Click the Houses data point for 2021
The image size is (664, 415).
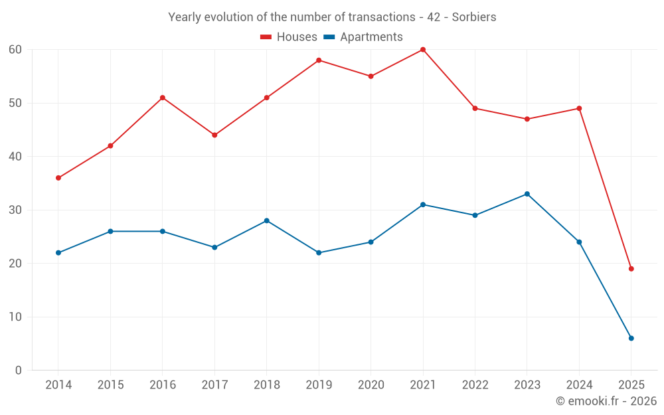coord(423,50)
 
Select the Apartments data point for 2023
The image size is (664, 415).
coord(527,194)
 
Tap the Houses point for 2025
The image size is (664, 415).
coord(631,269)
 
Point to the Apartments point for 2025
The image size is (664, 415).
coord(631,338)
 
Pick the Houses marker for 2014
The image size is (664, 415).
coord(58,178)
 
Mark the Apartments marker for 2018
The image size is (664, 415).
coord(267,220)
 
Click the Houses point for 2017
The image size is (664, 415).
coord(214,135)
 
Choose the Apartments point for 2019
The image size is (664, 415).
coord(319,252)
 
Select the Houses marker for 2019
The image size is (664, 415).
coord(319,60)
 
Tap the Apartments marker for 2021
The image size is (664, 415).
coord(423,205)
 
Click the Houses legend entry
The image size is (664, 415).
coord(288,37)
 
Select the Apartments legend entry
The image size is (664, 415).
coord(363,37)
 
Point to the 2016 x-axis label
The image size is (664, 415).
coord(163,384)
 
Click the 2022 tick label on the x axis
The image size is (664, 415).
coord(475,384)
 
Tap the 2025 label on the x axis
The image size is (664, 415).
coord(631,384)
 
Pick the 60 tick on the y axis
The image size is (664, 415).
coord(16,50)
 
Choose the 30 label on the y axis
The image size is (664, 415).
coord(16,210)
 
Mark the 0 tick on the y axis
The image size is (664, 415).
coord(19,371)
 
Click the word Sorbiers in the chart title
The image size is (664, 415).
coord(474,17)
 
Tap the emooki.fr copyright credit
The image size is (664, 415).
coord(606,401)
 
